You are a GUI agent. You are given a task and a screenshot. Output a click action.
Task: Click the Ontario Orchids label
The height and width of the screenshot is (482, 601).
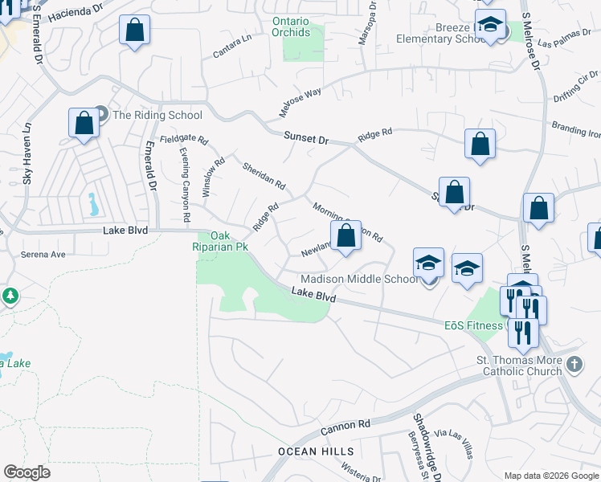tap(290, 27)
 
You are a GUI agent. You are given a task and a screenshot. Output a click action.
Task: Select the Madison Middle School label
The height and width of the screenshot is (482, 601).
tap(359, 279)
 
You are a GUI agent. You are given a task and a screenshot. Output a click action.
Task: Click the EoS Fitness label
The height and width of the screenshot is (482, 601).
tap(473, 325)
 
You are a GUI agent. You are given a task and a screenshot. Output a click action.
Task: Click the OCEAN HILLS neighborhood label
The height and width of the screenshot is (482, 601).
tap(309, 451)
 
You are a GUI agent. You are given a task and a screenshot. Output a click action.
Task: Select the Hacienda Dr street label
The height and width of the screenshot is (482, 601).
tap(76, 14)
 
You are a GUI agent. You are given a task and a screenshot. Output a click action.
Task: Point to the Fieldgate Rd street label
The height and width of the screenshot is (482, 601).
tap(183, 139)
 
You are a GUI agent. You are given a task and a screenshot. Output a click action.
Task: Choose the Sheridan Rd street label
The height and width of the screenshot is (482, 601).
tap(264, 175)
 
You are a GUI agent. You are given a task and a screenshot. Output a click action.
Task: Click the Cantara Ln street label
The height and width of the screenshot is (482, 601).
tap(232, 47)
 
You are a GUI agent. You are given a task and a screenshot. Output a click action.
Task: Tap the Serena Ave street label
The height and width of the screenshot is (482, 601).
tap(45, 254)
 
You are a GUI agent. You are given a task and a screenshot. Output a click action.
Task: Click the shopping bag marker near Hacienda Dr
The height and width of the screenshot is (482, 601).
tap(135, 31)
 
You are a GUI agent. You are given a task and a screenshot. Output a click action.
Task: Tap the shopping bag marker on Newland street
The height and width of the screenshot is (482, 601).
tap(345, 237)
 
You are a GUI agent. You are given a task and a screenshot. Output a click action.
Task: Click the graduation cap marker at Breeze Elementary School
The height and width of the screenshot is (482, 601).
tap(489, 26)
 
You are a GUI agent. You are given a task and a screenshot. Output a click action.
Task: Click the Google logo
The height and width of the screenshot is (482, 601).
tap(27, 472)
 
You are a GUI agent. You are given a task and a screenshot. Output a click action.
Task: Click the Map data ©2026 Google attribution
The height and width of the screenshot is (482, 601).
tap(552, 476)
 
